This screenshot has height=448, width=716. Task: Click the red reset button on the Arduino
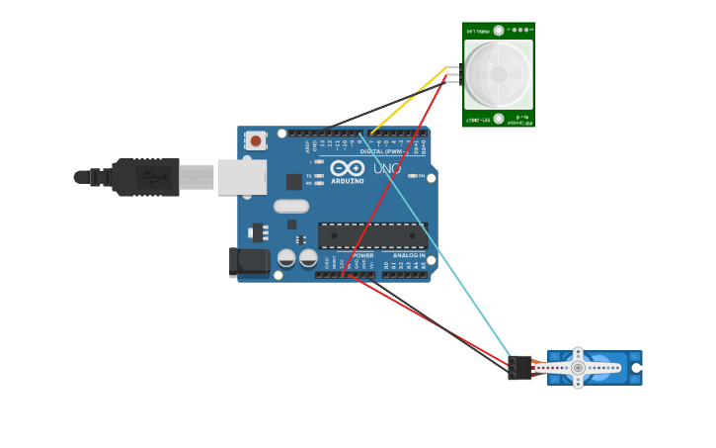coord(256,141)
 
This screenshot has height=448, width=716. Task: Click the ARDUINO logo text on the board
coord(348,181)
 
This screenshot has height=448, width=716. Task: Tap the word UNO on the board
coord(387,169)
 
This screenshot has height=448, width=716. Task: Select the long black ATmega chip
coord(372,235)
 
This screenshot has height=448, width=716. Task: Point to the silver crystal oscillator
coord(291,207)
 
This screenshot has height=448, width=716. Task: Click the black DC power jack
coord(250,261)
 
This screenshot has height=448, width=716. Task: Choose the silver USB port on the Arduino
coord(242,177)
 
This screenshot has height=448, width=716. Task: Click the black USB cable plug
coord(145,177)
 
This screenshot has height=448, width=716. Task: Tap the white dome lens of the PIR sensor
coord(499,75)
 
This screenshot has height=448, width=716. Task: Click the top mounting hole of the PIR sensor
coord(499,31)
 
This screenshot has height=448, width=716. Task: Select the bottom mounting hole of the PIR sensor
coord(499,119)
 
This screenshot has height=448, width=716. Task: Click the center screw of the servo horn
coord(578,368)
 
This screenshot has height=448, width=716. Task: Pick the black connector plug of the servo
coord(519,368)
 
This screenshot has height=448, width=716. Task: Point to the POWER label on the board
coord(362,255)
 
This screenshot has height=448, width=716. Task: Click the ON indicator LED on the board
coord(412,176)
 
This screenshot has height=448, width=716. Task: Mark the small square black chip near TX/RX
coord(293,181)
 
